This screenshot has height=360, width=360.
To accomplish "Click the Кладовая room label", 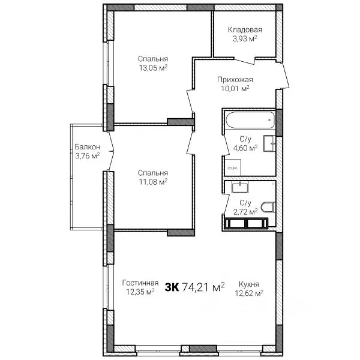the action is point(245,29).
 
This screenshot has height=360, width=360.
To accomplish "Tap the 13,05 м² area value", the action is point(153,68).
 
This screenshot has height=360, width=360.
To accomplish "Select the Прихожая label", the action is point(235,79).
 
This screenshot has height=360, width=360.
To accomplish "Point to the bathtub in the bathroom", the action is point(250,120).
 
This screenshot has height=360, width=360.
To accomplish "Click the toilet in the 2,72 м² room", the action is point(268,207).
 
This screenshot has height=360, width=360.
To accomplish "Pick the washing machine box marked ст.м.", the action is point(233,167).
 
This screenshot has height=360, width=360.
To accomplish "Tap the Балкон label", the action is point(88,147).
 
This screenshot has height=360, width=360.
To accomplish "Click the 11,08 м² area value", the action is point(153,182).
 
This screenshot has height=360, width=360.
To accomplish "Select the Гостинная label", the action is point(140,283).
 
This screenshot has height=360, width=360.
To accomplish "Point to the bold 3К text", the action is point(172,287).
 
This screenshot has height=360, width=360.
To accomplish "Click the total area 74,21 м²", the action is point(203,287).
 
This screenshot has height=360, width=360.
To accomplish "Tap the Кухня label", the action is point(249,284).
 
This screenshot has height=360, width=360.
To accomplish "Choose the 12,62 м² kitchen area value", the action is point(249,293).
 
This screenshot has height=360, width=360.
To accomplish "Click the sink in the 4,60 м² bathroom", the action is point(269,143).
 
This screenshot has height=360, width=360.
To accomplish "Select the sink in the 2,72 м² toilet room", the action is point(240,187).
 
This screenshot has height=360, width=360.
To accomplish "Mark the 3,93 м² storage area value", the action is point(245,38).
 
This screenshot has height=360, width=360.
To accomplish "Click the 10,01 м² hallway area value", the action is point(235,88).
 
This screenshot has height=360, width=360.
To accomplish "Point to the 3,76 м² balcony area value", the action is point(88,156).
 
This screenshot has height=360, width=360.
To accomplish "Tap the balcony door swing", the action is point(112,151).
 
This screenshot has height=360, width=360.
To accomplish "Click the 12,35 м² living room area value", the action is point(140,292).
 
